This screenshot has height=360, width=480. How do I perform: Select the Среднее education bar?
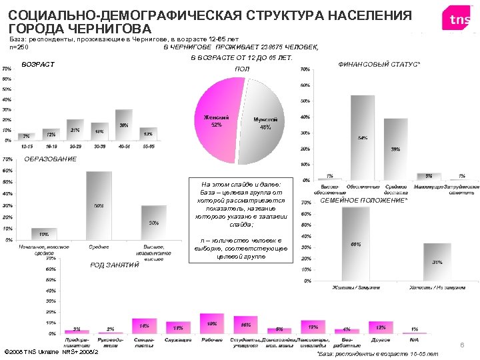point(99,205)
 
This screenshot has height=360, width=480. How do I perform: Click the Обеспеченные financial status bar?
point(363,137)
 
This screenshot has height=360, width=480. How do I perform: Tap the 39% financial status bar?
point(395,149)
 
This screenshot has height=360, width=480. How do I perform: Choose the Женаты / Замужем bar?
point(356,243)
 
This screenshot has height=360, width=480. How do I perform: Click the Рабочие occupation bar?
point(212,323)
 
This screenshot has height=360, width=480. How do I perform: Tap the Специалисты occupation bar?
point(144,326)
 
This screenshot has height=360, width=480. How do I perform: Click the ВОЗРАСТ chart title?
point(38,65)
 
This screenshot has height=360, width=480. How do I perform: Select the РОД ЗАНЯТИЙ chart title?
point(115,265)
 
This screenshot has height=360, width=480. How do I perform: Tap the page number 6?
point(462,345)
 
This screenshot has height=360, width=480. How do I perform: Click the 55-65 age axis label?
point(148,145)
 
